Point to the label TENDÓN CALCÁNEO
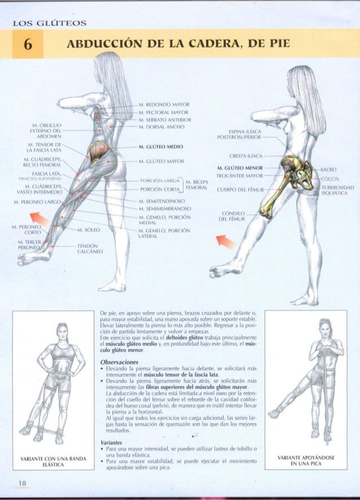(87, 249)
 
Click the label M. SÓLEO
(89, 230)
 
